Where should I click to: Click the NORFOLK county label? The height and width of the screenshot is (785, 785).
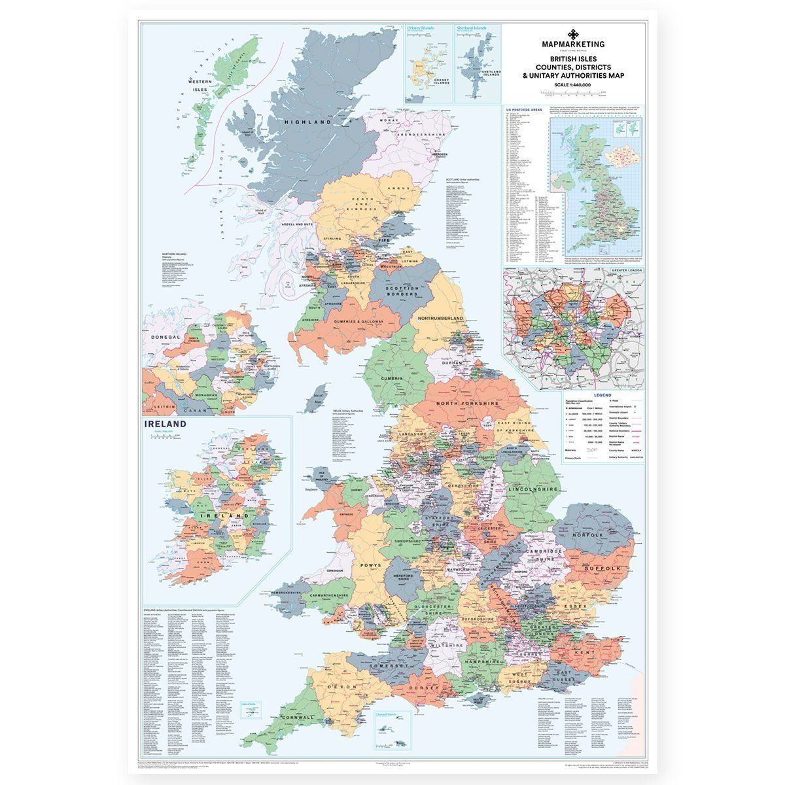[x=587, y=535]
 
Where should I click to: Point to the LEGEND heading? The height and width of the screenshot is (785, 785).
[x=602, y=396]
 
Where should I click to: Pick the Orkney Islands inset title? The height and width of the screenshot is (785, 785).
[x=421, y=29]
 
